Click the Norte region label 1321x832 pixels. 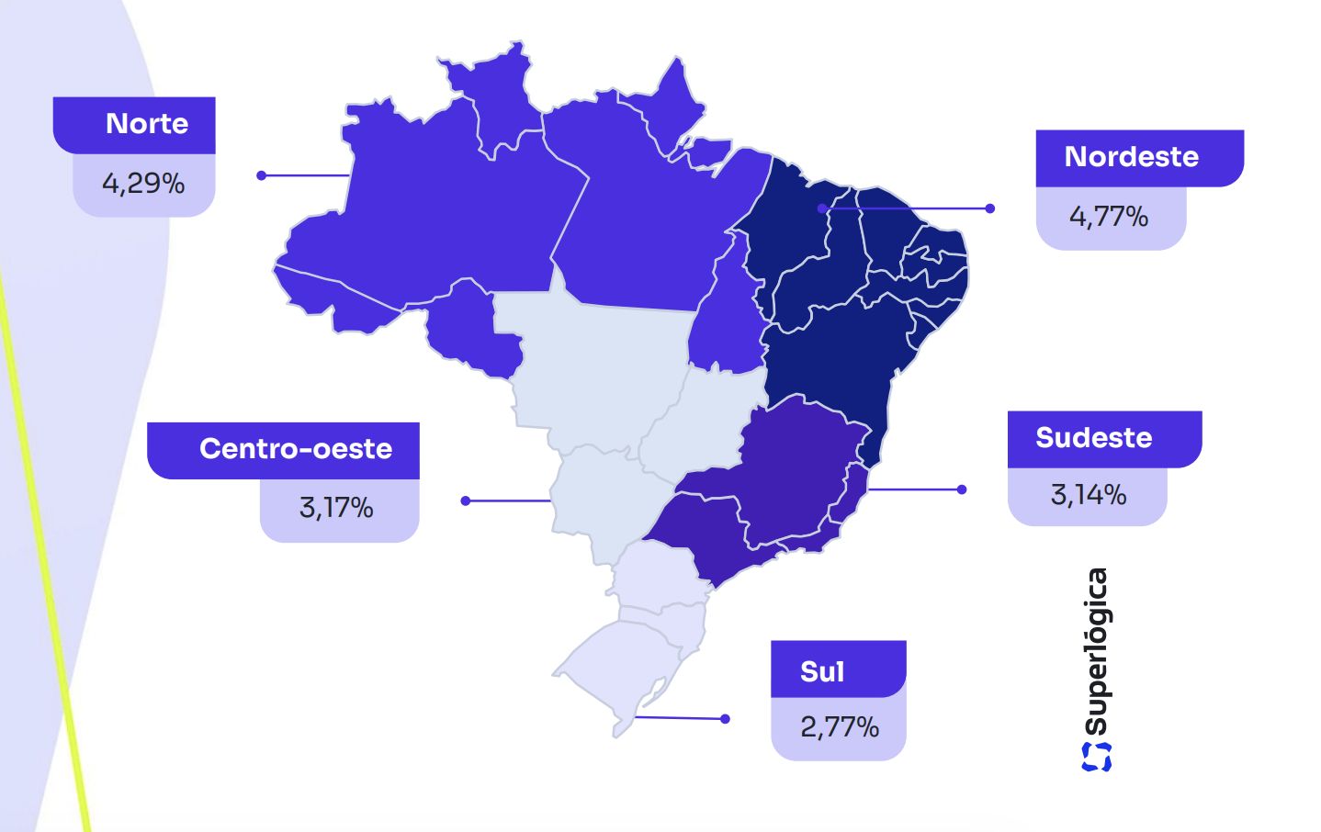[x=147, y=124]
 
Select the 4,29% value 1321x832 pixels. [x=143, y=184]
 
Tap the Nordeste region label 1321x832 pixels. [x=1131, y=157]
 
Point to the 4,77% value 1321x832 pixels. [x=1109, y=217]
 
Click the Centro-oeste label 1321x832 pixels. [x=295, y=449]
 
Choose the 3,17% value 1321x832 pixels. [x=336, y=508]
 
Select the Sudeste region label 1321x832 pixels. [x=1093, y=438]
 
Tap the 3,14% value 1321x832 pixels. [x=1089, y=495]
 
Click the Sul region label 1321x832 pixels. [x=821, y=671]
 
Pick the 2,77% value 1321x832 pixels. [x=840, y=727]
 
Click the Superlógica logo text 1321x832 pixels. [x=1096, y=652]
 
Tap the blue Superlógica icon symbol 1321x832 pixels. [x=1096, y=756]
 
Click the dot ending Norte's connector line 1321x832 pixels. [x=262, y=175]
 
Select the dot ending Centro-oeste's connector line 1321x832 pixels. [x=466, y=500]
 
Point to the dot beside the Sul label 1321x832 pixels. [x=725, y=719]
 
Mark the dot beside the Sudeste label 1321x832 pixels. [x=962, y=489]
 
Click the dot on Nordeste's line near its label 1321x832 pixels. [x=989, y=208]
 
